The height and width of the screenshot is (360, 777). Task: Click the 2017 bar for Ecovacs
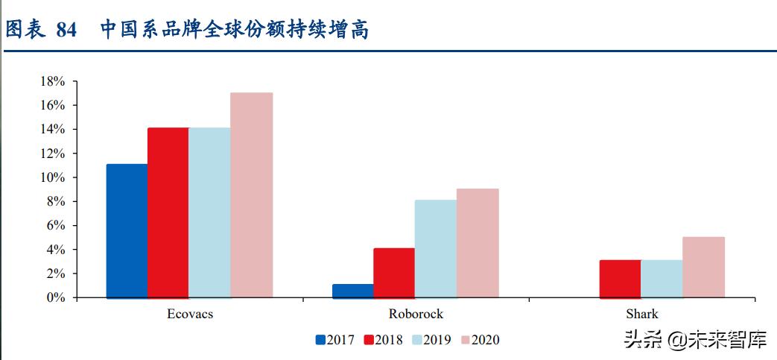127,231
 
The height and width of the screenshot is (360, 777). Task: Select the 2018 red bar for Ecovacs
168,213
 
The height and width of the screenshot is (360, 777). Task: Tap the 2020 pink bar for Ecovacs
251,195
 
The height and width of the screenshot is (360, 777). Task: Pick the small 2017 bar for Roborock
352,291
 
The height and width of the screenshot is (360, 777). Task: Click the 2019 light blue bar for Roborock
435,249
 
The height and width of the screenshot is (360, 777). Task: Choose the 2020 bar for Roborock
478,243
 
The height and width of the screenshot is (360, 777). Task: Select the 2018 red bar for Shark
620,279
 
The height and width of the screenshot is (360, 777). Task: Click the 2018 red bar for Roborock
394,273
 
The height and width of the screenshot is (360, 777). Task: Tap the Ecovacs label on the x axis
190,314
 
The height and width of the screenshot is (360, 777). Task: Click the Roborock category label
416,314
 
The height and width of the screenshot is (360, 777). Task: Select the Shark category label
642,314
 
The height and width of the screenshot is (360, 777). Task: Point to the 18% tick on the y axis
54,81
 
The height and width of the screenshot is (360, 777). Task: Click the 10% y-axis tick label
54,177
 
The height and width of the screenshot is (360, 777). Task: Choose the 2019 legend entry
431,340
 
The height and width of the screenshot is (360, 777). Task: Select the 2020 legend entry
480,340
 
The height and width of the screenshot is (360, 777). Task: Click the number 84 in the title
66,30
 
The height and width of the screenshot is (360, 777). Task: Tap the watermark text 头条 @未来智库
694,341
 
